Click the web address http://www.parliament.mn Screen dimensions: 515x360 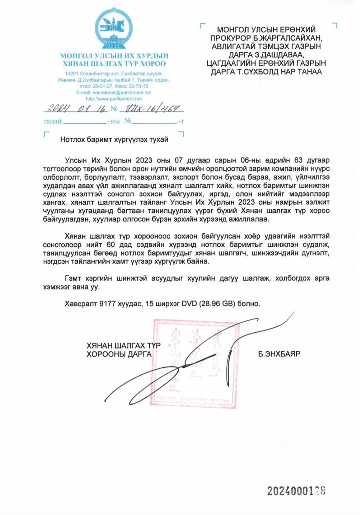pos(114,99)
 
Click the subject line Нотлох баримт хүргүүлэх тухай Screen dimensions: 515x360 pos(114,139)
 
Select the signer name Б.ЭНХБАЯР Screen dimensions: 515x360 pos(279,354)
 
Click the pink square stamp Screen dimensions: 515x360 pos(195,363)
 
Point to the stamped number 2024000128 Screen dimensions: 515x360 pos(296,491)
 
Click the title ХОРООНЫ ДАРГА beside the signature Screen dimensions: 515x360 pos(119,354)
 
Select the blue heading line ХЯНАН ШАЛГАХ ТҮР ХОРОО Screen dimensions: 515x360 pos(114,64)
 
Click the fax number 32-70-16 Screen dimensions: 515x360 pos(138,86)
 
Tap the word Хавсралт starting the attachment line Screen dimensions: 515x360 pos(81,304)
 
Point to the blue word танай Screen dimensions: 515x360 pos(52,121)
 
